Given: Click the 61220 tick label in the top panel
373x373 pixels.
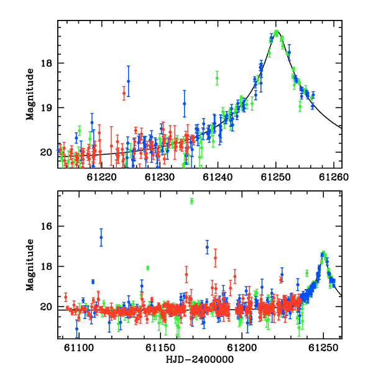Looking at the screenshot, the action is click(101, 177).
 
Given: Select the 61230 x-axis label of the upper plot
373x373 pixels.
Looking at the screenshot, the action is click(160, 177).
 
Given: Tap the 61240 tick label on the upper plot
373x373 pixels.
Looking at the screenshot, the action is click(218, 177).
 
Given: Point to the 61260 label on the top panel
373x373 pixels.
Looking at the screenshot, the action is click(334, 177).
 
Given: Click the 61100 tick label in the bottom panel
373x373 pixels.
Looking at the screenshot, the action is click(79, 348).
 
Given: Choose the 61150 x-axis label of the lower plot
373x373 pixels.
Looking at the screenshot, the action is click(160, 348).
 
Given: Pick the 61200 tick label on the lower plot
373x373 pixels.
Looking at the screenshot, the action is click(242, 348).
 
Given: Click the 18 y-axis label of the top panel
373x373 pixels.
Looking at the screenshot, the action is click(47, 63).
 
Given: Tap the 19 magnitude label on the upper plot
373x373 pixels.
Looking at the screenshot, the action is click(47, 108).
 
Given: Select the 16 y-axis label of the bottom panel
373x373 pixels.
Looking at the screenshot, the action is click(47, 226).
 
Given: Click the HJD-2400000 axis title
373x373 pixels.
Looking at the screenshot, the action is click(200, 359).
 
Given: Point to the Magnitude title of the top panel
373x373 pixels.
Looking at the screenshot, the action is click(30, 94).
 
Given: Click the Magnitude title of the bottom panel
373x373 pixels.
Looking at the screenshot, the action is click(30, 265).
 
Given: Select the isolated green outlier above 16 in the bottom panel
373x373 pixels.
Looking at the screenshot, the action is click(191, 201).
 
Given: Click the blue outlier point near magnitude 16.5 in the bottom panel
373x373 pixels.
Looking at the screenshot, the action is click(101, 237).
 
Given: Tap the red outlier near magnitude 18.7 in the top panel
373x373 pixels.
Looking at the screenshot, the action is click(124, 93).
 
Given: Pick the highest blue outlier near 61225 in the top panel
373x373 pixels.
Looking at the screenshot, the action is click(129, 81).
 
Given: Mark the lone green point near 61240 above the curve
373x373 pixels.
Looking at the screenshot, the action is click(217, 78).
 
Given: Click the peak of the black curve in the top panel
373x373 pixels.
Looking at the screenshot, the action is click(277, 31).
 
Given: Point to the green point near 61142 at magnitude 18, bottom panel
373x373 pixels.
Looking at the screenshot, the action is click(148, 268).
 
